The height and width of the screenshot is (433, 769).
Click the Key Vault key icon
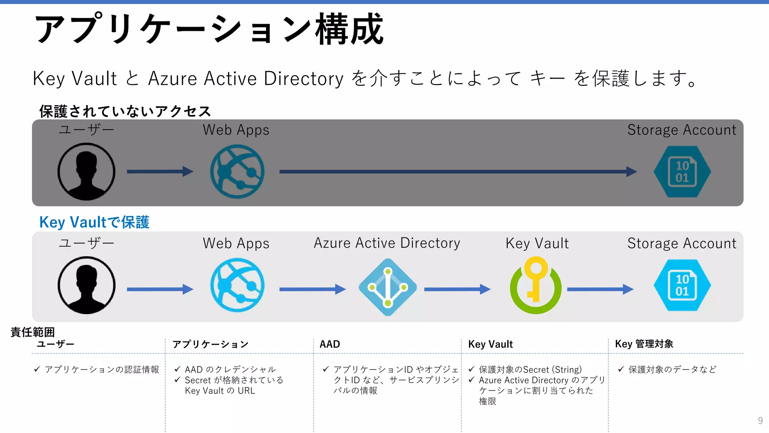[x=535, y=285]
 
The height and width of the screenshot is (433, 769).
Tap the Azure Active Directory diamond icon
[x=388, y=287]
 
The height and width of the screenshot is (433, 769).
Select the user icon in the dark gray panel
[x=86, y=171]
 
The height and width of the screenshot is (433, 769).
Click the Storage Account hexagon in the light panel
[x=682, y=285]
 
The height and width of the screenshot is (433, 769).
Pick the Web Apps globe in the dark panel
[x=237, y=171]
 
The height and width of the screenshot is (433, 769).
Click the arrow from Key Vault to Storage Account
[x=600, y=289]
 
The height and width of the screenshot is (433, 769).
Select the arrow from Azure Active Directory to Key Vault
[x=457, y=289]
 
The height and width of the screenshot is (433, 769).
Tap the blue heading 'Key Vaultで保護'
[x=94, y=222]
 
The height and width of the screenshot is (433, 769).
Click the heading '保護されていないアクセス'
[x=125, y=111]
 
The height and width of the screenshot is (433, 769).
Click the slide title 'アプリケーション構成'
[x=209, y=29]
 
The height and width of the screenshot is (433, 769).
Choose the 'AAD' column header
[x=330, y=344]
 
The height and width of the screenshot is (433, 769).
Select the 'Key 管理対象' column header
[x=644, y=344]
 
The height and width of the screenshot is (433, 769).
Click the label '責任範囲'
[x=33, y=332]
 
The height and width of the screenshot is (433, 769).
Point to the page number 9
[x=760, y=420]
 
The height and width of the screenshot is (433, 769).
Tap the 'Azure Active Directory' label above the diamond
[x=387, y=243]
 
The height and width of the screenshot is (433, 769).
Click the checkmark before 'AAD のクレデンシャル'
[x=178, y=369]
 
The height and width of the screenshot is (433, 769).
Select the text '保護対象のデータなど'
[x=672, y=369]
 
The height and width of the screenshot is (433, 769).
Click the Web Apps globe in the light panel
[x=237, y=285]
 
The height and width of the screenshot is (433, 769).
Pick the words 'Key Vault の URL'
[x=220, y=391]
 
